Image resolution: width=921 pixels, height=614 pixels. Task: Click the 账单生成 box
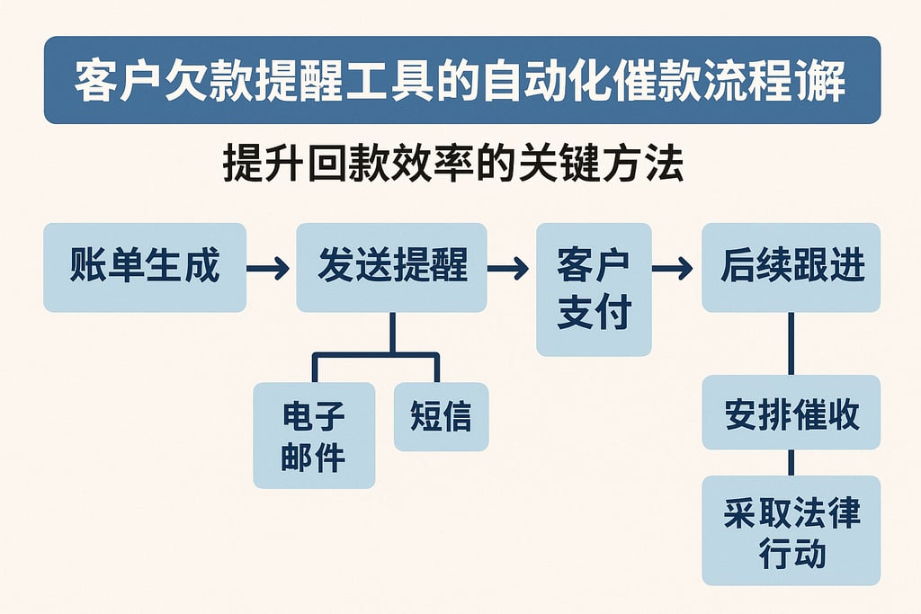(x=145, y=267)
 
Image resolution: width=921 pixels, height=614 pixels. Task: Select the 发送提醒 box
(x=392, y=267)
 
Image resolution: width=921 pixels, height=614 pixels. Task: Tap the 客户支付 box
(x=594, y=289)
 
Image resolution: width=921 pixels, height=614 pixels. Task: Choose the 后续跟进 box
(x=791, y=267)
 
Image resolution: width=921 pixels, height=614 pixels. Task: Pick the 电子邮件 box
(x=314, y=435)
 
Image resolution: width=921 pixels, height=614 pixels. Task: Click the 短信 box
(x=441, y=416)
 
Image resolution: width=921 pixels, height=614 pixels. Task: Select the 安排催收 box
(x=791, y=413)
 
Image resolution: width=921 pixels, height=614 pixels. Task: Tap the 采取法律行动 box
(x=791, y=530)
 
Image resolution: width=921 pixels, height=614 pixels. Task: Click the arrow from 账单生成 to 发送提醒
(x=269, y=268)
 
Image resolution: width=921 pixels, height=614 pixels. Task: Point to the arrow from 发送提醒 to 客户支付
(x=510, y=268)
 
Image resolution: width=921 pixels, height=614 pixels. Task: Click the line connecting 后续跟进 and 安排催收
(x=791, y=343)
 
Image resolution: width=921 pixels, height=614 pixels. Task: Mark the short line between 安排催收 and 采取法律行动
(x=791, y=462)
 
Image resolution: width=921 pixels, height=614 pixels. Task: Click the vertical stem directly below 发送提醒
(x=392, y=332)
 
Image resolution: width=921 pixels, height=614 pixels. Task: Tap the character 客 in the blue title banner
(x=94, y=81)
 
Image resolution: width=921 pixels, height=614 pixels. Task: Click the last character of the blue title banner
(x=826, y=81)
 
